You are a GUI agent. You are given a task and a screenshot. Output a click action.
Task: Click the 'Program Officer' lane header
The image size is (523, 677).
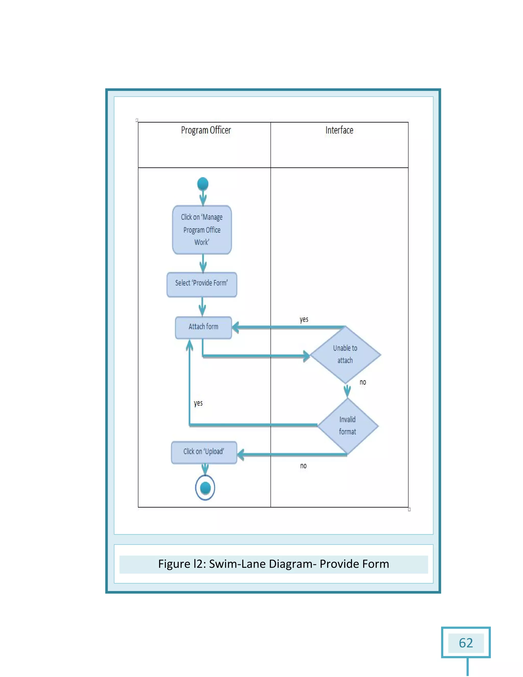coord(206,130)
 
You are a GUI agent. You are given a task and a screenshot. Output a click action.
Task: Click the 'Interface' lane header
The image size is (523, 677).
coord(339,130)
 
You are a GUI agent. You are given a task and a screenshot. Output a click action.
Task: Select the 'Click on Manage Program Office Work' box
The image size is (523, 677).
coord(202,230)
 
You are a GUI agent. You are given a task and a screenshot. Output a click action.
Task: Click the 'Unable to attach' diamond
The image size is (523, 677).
coord(345,355)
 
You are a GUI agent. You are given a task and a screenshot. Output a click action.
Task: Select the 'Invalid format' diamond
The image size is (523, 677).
coord(348,426)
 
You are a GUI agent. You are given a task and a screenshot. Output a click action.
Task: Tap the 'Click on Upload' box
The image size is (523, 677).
coord(204,452)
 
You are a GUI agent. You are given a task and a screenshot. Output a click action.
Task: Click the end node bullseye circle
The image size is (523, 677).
coord(205,488)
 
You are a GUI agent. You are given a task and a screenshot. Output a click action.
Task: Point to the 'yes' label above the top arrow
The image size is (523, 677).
coord(304,319)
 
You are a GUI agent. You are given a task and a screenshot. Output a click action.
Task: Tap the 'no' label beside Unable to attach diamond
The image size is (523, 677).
coord(363,382)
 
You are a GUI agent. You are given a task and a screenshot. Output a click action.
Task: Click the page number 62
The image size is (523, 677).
coord(466,643)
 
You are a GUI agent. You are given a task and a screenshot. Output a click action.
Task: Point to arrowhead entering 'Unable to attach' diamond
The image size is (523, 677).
coord(306,356)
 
